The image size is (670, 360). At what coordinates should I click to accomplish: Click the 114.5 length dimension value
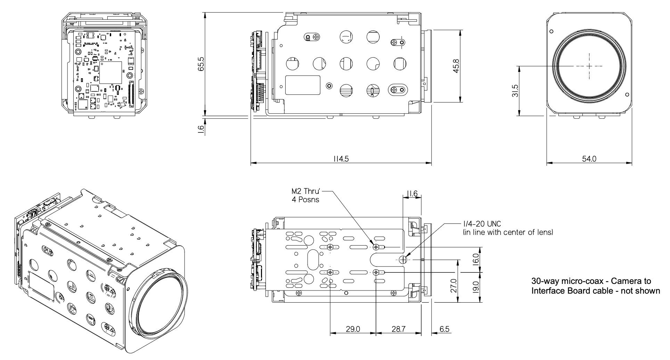341,159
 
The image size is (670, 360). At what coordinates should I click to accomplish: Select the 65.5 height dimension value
200,64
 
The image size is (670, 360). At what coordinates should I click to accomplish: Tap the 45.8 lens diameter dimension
456,65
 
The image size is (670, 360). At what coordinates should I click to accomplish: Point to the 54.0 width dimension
589,159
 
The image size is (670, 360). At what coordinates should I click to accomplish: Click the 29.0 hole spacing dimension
353,329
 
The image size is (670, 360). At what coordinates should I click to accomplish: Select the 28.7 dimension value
398,329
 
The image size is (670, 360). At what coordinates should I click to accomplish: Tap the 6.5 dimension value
444,329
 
